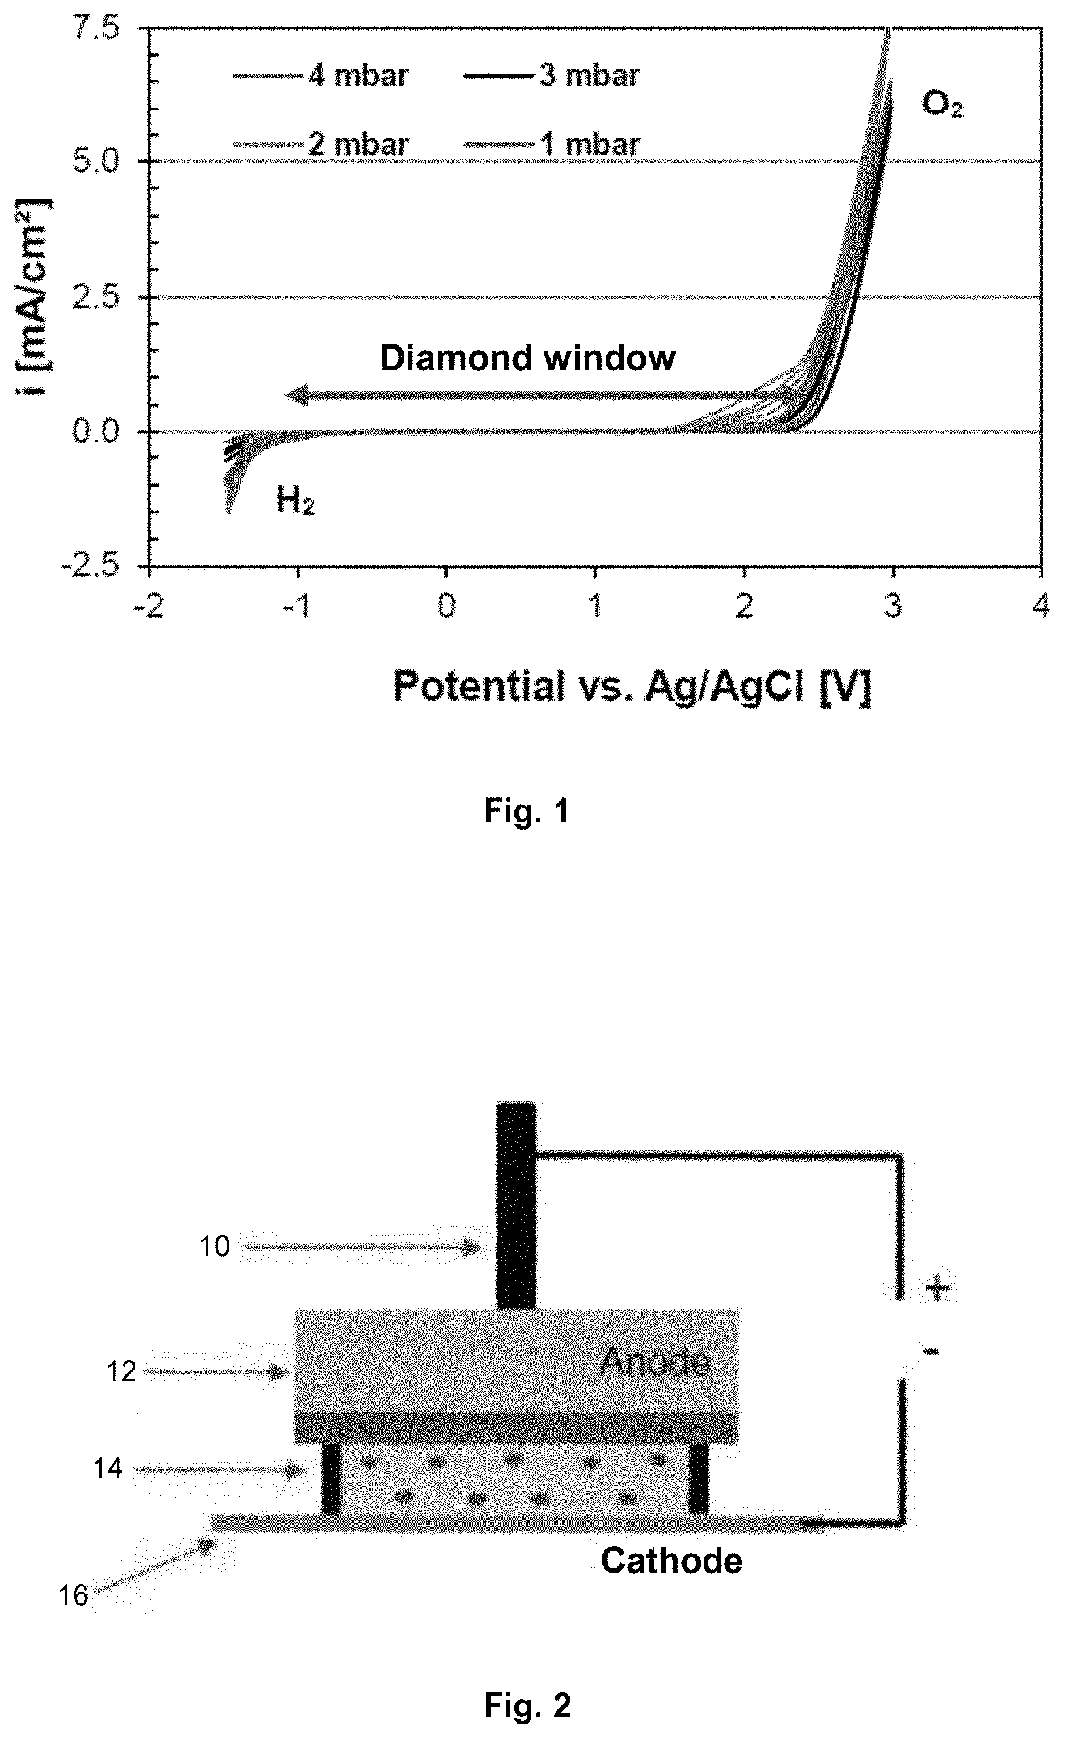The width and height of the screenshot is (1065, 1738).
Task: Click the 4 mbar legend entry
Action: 321,76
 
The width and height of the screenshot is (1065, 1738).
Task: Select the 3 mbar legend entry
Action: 551,76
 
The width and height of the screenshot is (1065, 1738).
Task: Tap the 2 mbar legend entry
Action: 321,144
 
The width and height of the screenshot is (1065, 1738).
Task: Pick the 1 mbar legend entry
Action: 551,144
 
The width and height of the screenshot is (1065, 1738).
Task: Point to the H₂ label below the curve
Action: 295,502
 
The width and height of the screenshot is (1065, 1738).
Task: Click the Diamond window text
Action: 527,357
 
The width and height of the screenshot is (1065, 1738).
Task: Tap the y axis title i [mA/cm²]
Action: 33,297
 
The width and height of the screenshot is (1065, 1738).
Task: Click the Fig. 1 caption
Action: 527,812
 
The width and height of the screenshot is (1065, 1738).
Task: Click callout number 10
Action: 214,1246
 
